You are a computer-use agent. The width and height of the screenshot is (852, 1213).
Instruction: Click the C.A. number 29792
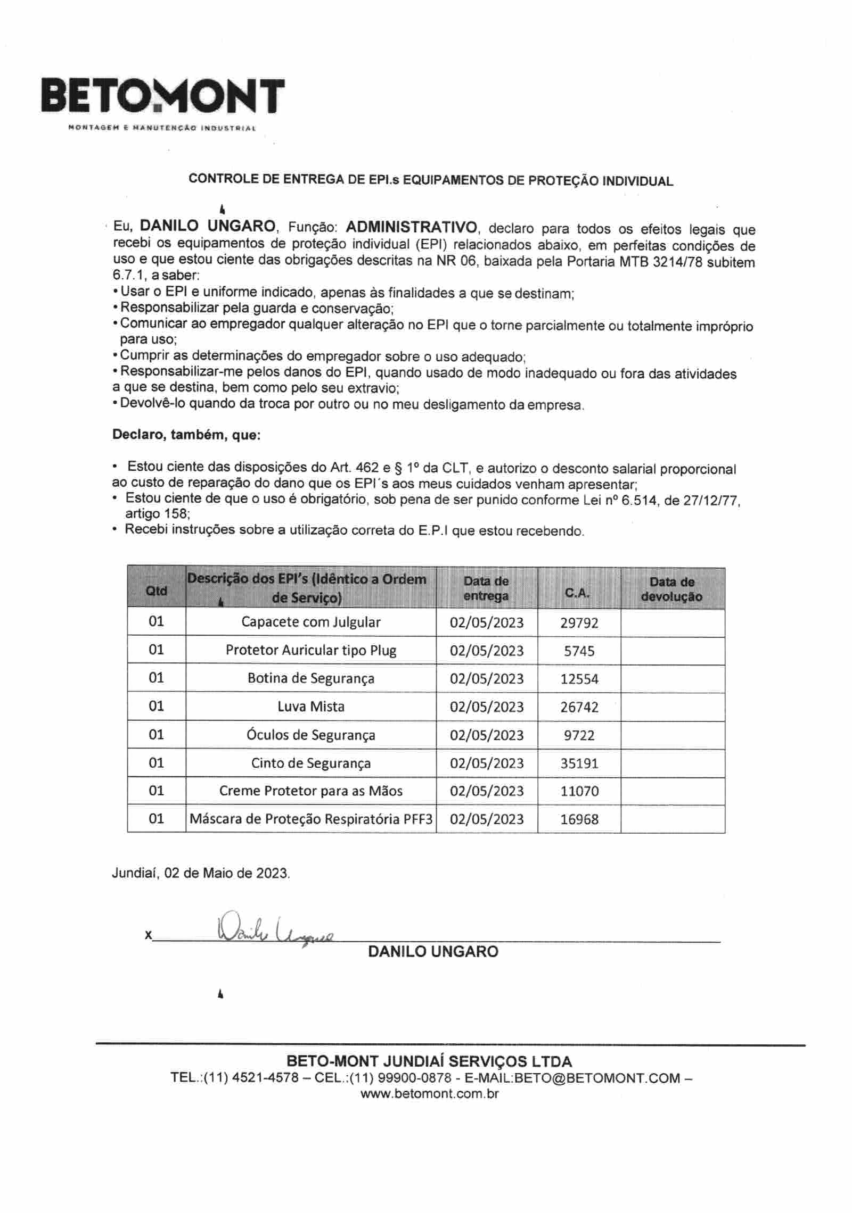coord(579,622)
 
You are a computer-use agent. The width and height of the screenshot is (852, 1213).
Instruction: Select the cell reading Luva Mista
coord(311,707)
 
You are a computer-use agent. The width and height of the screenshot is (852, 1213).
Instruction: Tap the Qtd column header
coord(156,591)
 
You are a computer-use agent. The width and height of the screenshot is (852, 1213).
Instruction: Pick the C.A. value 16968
coord(579,819)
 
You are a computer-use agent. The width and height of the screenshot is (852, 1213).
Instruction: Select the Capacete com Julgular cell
coord(311,622)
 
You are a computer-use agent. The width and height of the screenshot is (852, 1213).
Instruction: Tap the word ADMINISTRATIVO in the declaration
coord(412,228)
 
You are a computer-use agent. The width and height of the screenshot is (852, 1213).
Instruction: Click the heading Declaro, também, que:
coord(186,435)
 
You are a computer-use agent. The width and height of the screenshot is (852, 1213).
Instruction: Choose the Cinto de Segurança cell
coord(311,763)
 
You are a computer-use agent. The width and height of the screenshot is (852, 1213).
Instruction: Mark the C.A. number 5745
coord(579,651)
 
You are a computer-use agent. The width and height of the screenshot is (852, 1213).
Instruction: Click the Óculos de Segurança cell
coord(311,735)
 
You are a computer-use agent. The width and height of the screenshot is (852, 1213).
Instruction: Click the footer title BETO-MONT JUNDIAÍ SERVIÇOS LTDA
coord(429,1061)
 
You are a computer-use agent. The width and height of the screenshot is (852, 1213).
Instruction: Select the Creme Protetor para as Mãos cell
coord(311,791)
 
